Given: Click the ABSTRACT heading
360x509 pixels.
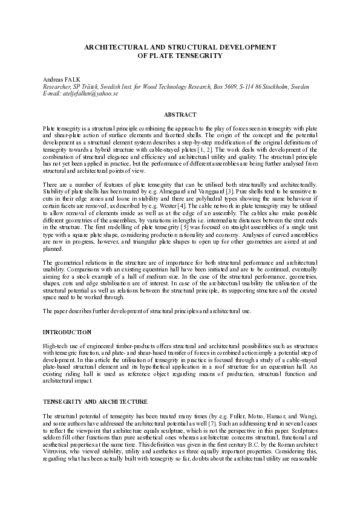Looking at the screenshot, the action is [180, 115].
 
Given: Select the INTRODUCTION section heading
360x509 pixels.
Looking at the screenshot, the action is [67, 332].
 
